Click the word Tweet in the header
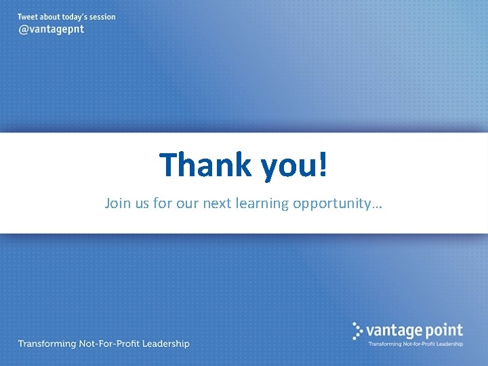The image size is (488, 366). [x=28, y=17]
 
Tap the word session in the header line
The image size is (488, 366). [x=100, y=17]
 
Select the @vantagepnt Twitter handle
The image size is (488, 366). [x=51, y=30]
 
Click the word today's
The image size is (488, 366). [x=66, y=17]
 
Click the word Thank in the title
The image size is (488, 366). [x=203, y=164]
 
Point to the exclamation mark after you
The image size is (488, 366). [x=323, y=164]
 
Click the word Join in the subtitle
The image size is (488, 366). [x=117, y=203]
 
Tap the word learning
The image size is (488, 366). [x=263, y=203]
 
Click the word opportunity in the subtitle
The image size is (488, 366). [x=331, y=203]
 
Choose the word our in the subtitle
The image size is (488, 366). [x=185, y=203]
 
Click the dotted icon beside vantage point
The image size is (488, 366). [x=358, y=330]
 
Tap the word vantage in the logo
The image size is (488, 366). [x=395, y=331]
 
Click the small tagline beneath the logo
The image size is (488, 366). [x=415, y=344]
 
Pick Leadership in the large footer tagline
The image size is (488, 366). [x=163, y=344]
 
